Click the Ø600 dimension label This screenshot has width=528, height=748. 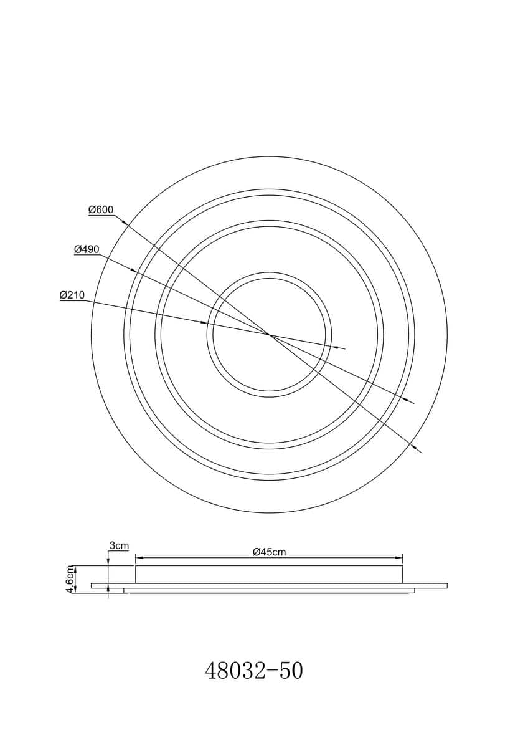point(101,209)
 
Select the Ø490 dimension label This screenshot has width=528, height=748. point(87,249)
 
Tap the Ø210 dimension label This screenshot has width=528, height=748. point(72,295)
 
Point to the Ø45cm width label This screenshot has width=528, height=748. point(269,552)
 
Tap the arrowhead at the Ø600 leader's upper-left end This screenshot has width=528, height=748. point(123,223)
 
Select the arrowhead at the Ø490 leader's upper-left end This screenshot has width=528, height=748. point(133,270)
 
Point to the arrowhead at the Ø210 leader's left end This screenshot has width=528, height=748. point(204,323)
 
